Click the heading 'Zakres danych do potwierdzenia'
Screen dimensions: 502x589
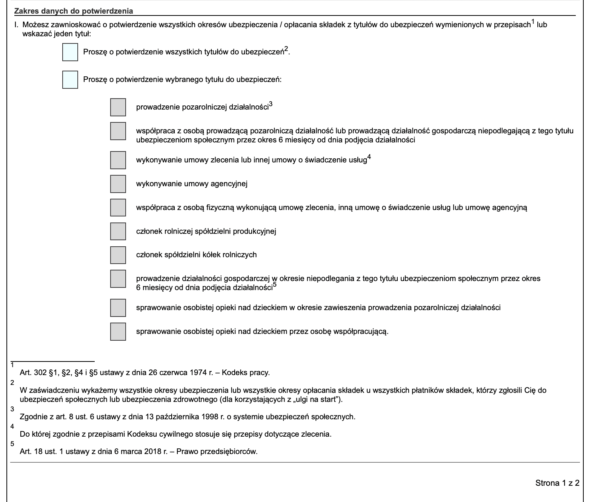click(74, 11)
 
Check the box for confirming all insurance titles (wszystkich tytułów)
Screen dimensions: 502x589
click(70, 52)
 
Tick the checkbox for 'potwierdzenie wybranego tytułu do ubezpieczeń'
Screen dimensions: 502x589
click(70, 80)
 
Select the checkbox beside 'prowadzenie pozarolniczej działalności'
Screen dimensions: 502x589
click(118, 107)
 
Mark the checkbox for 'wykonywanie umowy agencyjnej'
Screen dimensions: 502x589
click(118, 184)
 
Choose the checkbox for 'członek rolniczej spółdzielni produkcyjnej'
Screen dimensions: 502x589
click(118, 231)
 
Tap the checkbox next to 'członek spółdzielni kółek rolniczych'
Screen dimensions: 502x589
click(118, 255)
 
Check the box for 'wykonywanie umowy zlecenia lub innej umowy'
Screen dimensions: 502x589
click(118, 160)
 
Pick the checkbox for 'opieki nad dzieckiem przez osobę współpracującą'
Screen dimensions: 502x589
click(118, 332)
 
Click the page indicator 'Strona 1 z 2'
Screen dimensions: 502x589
click(557, 483)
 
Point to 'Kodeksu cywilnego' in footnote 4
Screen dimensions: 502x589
click(155, 434)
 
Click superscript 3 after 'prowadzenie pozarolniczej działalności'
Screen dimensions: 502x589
click(271, 105)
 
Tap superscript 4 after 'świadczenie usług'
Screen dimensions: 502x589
click(369, 158)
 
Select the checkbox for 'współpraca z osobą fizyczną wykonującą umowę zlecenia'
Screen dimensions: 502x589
click(118, 207)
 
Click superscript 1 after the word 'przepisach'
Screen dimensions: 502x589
click(533, 23)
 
